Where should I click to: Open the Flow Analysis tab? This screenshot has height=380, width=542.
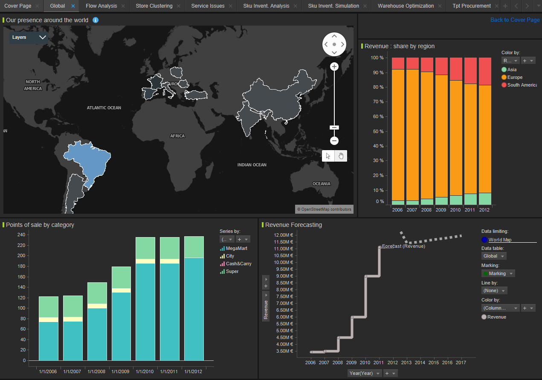101,6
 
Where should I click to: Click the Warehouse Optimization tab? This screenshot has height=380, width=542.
406,6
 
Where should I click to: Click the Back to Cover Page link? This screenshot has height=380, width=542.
515,20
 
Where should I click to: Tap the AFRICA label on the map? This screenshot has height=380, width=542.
177,136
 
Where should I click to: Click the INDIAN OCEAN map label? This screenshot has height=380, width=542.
252,165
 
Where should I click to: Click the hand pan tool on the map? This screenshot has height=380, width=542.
341,156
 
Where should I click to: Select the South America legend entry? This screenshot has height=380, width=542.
522,85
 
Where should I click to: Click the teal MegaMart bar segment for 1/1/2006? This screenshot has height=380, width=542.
48,341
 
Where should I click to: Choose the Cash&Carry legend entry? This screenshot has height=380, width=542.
238,264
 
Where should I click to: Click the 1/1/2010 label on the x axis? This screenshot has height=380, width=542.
145,371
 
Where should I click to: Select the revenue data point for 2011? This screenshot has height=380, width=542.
379,247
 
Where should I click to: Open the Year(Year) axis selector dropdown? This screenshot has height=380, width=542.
364,373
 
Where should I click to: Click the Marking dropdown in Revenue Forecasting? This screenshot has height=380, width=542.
498,273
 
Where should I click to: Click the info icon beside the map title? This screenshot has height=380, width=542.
96,20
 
